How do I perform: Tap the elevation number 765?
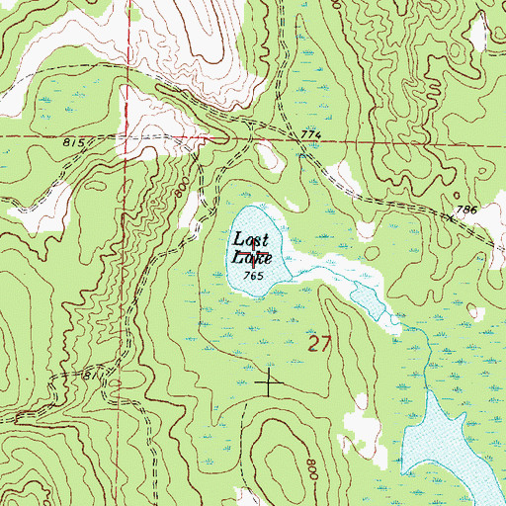coord(251,277)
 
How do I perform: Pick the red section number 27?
coord(316,345)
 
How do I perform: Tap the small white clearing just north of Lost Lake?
coord(264,154)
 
